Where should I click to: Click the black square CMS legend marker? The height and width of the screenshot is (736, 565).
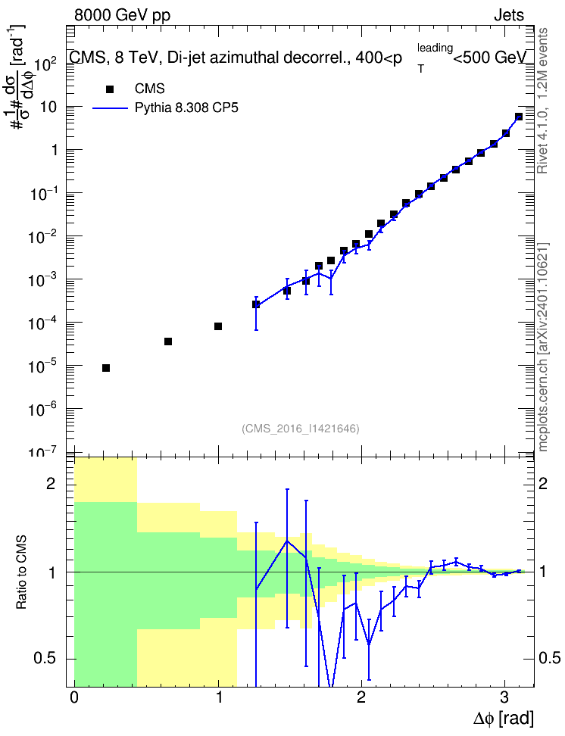[110, 89]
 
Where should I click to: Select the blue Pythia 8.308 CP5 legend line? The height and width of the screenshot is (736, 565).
[111, 108]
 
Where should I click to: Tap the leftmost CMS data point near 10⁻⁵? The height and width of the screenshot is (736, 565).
[106, 368]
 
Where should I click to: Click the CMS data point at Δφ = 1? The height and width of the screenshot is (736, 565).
[218, 326]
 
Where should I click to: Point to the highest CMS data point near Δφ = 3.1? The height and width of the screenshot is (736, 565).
[519, 117]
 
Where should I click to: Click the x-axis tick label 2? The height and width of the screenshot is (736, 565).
[361, 697]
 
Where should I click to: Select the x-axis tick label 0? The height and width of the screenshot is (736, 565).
[74, 697]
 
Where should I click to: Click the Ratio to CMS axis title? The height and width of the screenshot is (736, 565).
[21, 572]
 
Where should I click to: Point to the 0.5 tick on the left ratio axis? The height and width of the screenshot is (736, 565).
[45, 659]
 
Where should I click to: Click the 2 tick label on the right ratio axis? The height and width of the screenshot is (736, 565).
[543, 483]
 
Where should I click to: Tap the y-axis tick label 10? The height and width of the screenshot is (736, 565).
[48, 107]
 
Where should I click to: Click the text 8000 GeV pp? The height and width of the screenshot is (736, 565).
[122, 15]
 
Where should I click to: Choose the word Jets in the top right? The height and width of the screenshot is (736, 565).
[509, 15]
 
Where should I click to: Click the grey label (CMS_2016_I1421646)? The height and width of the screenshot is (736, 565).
[301, 429]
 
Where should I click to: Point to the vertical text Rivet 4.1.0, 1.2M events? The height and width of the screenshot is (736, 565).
[542, 101]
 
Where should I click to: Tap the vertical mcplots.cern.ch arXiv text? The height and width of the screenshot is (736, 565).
[542, 348]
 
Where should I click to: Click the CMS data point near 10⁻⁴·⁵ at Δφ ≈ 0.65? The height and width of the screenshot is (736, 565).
[167, 341]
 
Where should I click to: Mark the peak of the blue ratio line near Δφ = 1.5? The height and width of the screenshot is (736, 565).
[286, 541]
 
